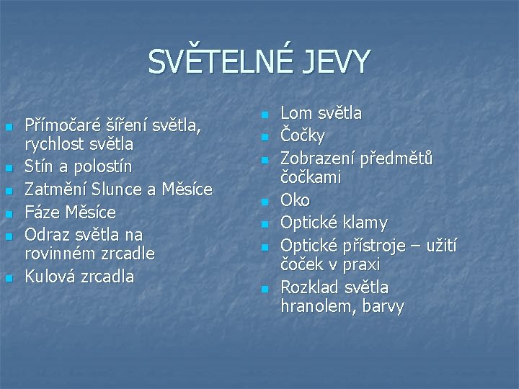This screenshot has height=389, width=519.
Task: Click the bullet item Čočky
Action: click(303, 135)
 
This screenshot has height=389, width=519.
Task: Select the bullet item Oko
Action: click(295, 200)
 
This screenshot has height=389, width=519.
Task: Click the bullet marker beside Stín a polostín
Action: click(8, 169)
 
